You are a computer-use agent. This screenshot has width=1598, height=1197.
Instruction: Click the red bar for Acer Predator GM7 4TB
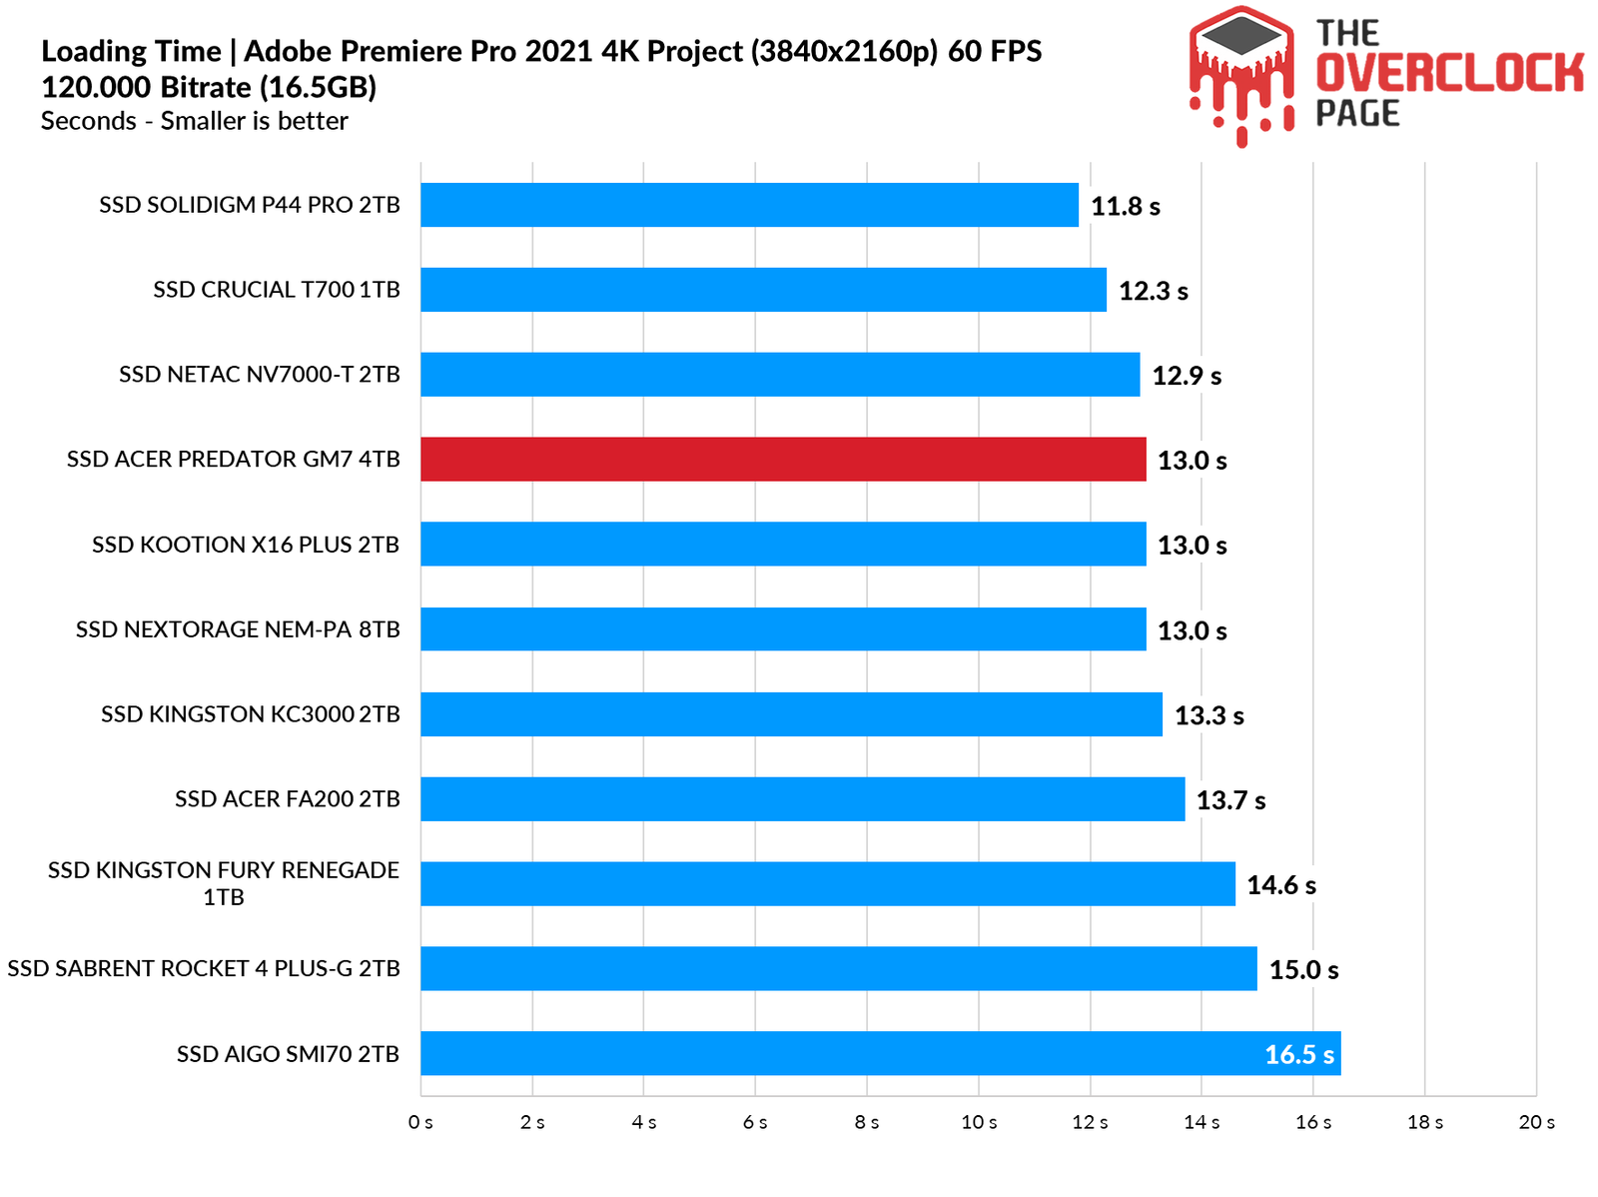tap(783, 460)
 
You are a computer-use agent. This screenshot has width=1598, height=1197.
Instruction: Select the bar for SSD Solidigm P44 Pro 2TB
tap(749, 205)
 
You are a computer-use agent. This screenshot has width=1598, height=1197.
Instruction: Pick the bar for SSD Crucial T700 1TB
tap(763, 290)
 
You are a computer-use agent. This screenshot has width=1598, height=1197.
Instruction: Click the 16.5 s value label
tap(1298, 1055)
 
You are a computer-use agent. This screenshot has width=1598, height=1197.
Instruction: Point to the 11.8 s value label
tap(1125, 207)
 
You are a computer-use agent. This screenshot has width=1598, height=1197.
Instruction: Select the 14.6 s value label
tap(1280, 885)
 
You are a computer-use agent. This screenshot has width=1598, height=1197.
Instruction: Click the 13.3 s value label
tap(1208, 715)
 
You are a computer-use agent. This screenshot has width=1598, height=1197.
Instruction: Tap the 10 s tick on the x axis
tap(979, 1123)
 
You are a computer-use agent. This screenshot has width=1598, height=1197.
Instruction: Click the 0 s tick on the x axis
tap(420, 1123)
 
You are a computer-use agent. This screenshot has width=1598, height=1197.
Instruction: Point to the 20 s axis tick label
tap(1536, 1123)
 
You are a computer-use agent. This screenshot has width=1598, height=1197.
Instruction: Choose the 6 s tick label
tap(755, 1123)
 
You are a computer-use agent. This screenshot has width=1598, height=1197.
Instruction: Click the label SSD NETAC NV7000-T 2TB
tap(259, 375)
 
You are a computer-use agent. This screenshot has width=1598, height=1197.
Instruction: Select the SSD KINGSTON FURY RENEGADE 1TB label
tap(224, 883)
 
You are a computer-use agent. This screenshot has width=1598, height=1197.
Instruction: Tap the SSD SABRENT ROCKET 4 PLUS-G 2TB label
tap(203, 968)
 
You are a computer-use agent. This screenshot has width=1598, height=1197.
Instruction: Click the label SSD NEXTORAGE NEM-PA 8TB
tap(238, 629)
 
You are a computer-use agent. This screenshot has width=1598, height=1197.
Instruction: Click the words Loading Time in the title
tap(131, 51)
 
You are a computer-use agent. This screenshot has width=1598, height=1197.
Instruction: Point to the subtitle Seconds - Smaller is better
tap(194, 121)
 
